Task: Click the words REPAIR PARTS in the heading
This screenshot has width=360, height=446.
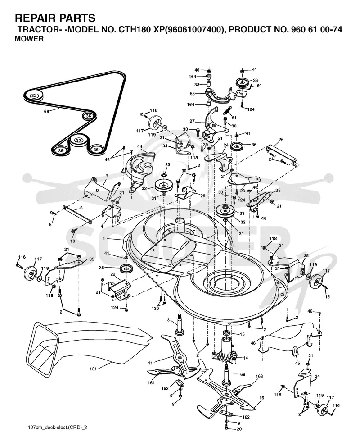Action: [x=55, y=18]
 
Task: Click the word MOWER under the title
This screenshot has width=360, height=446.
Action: [x=29, y=39]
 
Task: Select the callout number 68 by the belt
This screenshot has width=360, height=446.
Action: [x=46, y=111]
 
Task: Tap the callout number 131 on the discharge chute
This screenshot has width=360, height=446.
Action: [x=93, y=369]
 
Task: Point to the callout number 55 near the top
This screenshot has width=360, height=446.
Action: [x=192, y=93]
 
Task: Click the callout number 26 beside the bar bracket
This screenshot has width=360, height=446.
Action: [x=281, y=140]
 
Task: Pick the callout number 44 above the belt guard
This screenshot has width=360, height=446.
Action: [x=140, y=146]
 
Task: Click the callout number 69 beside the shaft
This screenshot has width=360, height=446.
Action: [x=243, y=374]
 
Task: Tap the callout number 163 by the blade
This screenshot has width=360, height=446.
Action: [x=259, y=376]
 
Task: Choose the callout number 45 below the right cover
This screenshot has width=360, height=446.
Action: [x=297, y=363]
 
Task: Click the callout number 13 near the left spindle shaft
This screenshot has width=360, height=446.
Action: [x=167, y=320]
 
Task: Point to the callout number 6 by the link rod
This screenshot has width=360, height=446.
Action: [x=81, y=208]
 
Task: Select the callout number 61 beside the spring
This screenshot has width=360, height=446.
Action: [x=234, y=118]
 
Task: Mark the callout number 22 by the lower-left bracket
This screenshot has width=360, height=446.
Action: [x=113, y=274]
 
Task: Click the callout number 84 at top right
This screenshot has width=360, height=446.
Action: [x=259, y=85]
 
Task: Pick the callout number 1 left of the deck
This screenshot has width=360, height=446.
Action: [x=104, y=238]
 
